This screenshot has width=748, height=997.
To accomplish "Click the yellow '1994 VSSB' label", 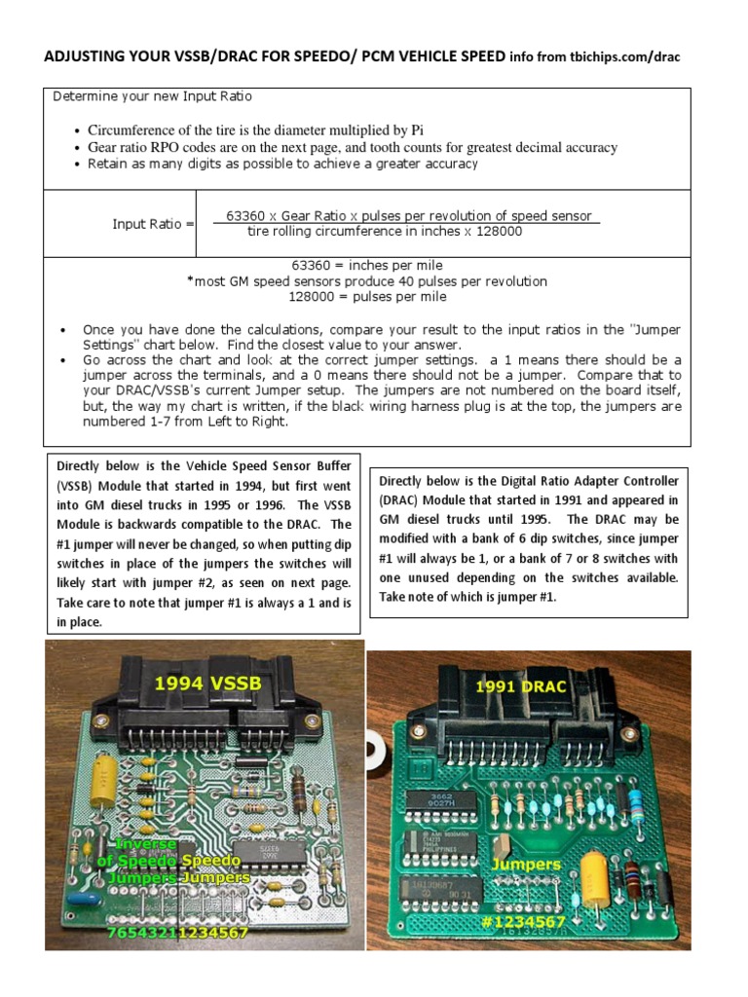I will [207, 683].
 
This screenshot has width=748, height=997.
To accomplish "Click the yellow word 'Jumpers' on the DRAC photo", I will [526, 863].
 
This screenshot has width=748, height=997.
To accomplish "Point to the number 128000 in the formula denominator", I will [498, 232].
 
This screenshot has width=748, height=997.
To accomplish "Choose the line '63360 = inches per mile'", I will [366, 266].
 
